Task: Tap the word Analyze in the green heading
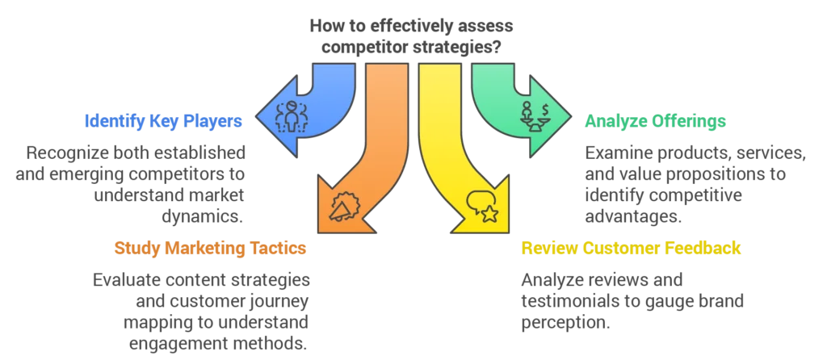[x=611, y=122]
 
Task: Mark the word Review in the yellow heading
[x=549, y=249]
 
